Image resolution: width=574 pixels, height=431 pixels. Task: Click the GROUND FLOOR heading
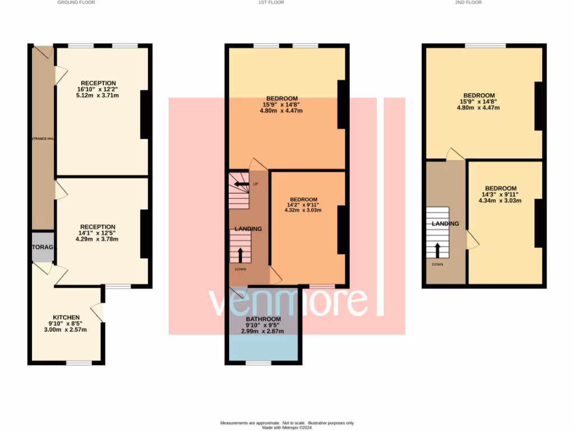coord(76,2)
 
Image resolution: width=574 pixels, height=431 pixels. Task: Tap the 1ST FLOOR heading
coord(271,2)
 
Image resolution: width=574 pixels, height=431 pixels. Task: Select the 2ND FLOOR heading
coord(468,2)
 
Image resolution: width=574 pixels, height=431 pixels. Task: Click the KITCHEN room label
coord(66,317)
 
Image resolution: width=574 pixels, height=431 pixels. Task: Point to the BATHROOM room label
coord(262,319)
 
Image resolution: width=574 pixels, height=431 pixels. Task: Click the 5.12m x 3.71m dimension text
coord(98,95)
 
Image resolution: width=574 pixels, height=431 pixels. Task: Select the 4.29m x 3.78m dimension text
coord(98,239)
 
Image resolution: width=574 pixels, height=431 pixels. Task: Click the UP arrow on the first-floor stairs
coord(241,184)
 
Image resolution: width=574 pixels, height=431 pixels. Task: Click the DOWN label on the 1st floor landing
coord(240,269)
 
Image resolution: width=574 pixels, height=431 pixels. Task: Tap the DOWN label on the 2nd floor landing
coord(437,264)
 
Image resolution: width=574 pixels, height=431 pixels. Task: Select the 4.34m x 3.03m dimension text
coord(501,200)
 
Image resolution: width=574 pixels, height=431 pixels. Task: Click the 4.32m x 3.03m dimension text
coord(303,211)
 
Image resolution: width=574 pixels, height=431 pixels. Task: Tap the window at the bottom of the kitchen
coord(79,363)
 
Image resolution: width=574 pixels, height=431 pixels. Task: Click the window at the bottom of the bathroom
coord(258,363)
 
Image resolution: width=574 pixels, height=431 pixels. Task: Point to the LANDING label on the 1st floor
coord(248,229)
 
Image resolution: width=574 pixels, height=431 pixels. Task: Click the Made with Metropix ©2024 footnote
coord(287,427)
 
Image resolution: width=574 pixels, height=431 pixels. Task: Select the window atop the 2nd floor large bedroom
coord(485,45)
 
